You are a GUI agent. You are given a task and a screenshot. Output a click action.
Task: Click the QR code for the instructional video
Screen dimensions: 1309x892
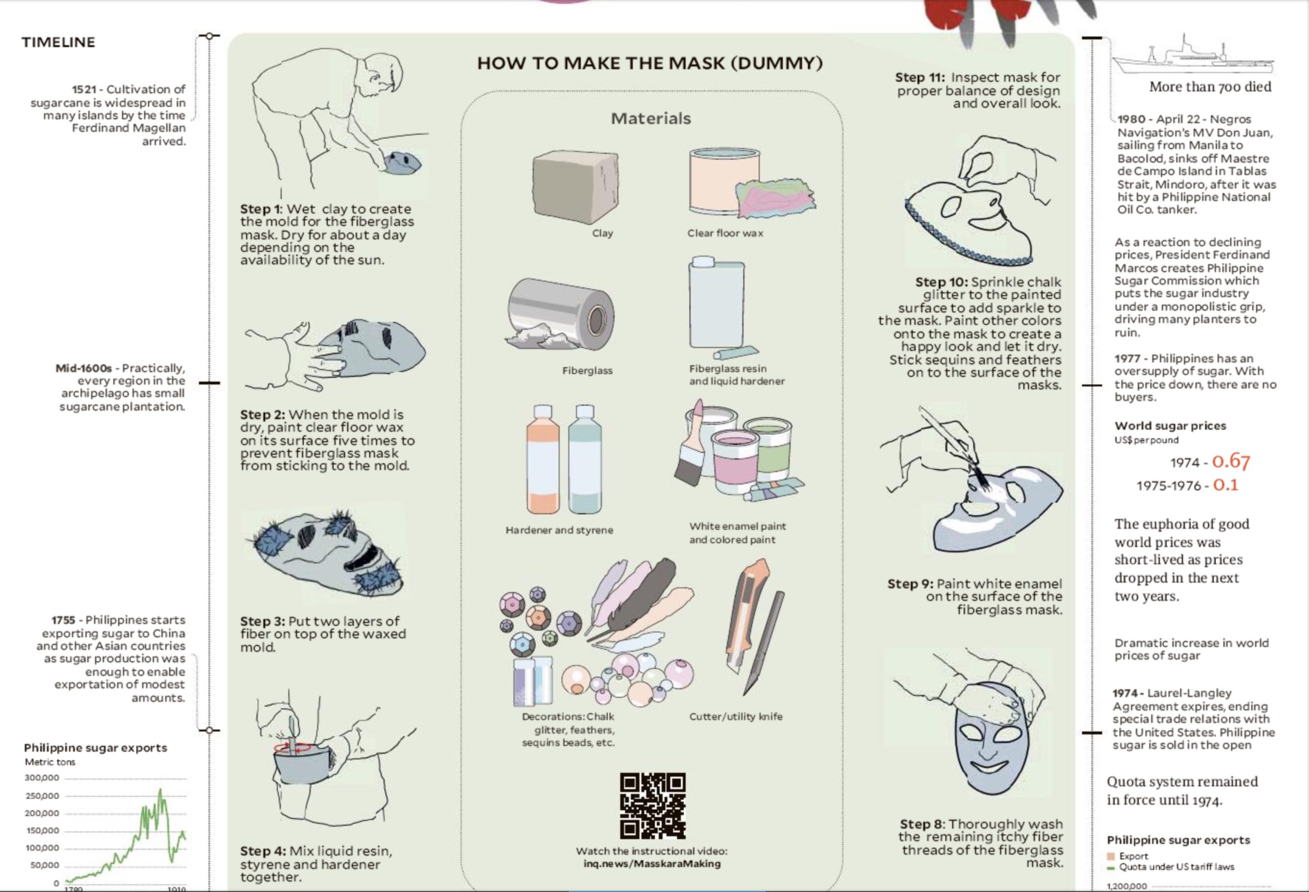[x=653, y=806]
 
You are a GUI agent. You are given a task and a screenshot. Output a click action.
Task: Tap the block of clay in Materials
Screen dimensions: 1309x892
[x=575, y=187]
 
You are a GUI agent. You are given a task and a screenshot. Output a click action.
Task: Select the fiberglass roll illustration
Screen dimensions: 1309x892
[x=560, y=314]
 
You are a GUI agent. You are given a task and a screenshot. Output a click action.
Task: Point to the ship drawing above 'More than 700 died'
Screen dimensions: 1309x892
[x=1192, y=56]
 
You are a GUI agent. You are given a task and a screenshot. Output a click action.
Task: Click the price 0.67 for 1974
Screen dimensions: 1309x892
[x=1231, y=461]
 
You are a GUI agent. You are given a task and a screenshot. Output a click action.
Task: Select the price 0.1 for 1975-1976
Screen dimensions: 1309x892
[x=1226, y=484]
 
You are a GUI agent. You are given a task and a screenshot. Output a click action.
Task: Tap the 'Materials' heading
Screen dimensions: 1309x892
[x=650, y=118]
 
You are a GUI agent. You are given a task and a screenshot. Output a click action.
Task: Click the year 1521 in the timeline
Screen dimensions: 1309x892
[x=84, y=89]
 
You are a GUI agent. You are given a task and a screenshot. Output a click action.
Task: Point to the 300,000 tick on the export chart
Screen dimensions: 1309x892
[x=42, y=778]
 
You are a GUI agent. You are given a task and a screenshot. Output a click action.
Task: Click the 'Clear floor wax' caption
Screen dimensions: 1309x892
[x=725, y=233]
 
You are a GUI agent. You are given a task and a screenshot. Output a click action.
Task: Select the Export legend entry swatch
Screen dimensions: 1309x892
[x=1111, y=856]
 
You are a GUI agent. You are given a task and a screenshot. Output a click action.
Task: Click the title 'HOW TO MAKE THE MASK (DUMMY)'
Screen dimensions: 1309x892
[x=650, y=63]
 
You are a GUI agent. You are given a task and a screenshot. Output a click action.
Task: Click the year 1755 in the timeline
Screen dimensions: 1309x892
[x=63, y=620]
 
